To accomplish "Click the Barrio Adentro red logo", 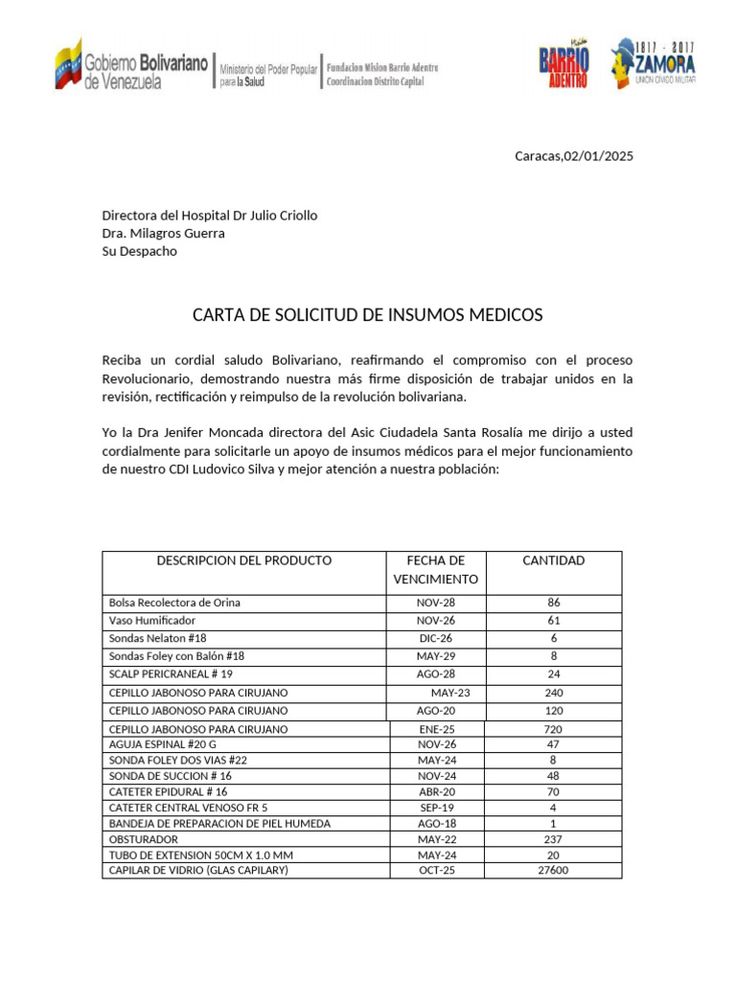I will (563, 66).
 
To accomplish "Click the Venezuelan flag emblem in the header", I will (67, 66).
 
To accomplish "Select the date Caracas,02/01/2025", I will (574, 156).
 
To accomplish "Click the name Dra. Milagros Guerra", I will (164, 233).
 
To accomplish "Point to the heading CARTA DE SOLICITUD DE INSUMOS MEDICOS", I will (368, 314).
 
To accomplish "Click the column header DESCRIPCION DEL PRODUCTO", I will (244, 560).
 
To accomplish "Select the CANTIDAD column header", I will (553, 560).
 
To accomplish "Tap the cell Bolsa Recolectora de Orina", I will (174, 603).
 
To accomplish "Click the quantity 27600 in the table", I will (553, 870).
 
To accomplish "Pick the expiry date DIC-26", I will (435, 638).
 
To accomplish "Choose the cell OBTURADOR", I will (145, 839).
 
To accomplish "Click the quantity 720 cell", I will (553, 729).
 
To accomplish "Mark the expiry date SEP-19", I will (435, 808).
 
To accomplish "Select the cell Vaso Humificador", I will (152, 621).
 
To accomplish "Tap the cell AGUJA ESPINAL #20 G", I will (163, 743).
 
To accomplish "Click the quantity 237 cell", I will (553, 839).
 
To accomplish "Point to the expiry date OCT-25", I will (435, 870).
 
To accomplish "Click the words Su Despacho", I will (140, 251).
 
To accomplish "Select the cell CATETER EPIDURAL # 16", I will (169, 792).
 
